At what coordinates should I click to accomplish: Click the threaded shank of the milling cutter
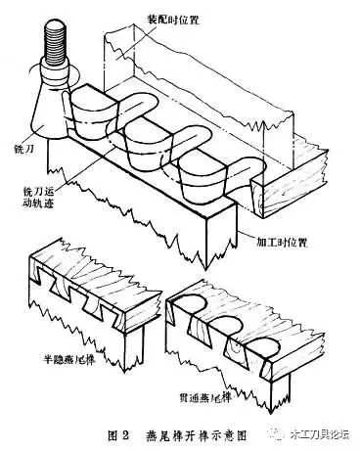click(x=51, y=48)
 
